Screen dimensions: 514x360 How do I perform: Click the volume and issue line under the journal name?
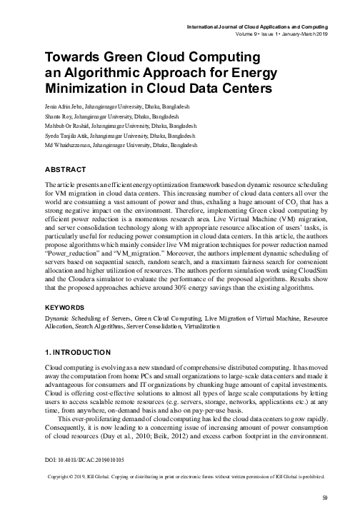tap(294, 36)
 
